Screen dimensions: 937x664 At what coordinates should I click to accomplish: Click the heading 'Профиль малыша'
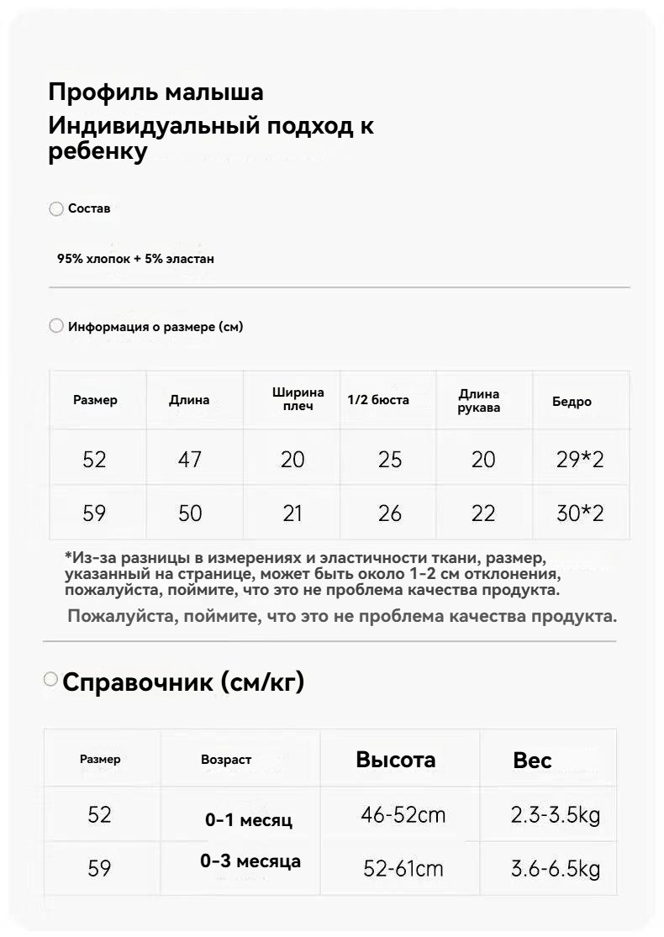pos(155,92)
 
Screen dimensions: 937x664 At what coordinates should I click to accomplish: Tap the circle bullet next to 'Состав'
pos(56,209)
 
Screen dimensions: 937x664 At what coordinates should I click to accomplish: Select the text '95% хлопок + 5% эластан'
pos(135,259)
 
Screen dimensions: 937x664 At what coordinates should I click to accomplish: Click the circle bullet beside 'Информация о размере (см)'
pos(56,326)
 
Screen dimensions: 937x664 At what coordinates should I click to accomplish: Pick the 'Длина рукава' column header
pos(479,401)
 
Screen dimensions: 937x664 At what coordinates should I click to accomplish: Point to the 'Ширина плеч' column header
pos(298,399)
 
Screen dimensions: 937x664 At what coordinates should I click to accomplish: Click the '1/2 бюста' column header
pos(378,400)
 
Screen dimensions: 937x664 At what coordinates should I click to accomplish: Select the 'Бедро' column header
pos(572,402)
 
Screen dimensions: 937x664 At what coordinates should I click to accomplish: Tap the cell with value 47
pos(190,460)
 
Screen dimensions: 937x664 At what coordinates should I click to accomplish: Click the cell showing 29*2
pos(580,460)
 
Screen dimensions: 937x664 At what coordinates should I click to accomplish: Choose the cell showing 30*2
pos(580,513)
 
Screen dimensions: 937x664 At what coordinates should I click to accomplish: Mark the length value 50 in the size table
pos(190,513)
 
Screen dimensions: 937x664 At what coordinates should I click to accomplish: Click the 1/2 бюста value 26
pos(389,513)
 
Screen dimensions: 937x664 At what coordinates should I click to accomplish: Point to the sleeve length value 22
pos(483,513)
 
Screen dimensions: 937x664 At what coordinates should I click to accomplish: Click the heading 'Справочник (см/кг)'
pos(183,682)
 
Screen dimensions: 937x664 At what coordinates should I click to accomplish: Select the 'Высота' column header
pos(395,760)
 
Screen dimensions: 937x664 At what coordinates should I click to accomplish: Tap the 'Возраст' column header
pos(226,760)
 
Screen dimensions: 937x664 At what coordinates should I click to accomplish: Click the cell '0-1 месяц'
pos(249,820)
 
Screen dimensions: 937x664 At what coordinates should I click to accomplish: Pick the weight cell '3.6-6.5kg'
pos(556,868)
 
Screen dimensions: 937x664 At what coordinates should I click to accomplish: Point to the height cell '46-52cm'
pos(403,815)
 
